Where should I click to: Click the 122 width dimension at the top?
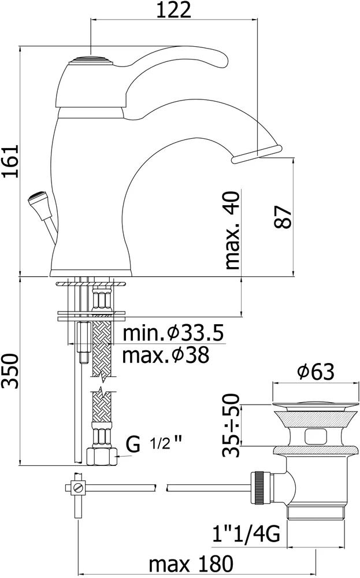174,10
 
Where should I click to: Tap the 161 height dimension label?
10,161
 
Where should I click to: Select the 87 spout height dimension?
283,217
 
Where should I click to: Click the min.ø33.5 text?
173,333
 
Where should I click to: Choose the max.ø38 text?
166,355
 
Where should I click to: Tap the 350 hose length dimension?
10,371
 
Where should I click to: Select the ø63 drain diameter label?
316,372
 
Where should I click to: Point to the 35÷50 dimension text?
232,425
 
